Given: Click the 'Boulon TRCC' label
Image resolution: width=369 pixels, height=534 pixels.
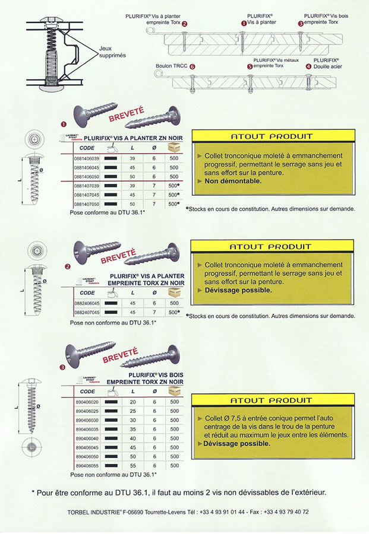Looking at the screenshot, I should (x=172, y=67).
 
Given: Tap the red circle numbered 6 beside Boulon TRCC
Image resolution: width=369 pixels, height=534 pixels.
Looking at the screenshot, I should (x=193, y=67).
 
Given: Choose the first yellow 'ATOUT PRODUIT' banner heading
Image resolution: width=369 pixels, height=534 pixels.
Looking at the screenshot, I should (x=270, y=136).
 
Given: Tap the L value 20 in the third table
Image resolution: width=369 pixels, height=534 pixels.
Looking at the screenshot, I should (x=132, y=402).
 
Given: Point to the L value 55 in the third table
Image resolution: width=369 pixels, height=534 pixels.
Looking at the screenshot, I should (x=132, y=466).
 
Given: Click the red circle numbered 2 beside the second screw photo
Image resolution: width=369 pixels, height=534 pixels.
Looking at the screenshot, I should (x=68, y=267).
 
